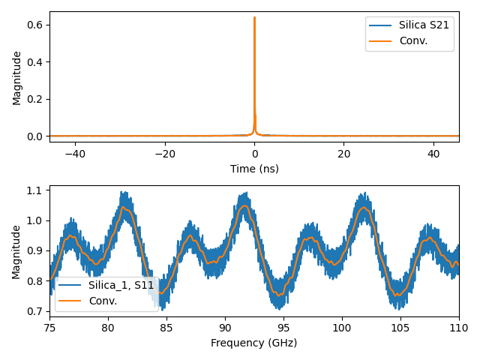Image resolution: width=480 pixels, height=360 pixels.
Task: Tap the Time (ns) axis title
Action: click(x=254, y=169)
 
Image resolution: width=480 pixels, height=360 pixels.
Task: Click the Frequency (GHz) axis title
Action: click(x=254, y=343)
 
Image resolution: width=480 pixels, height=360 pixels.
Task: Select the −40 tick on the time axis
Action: click(x=75, y=153)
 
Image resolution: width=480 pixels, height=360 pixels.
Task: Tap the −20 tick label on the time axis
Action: click(x=164, y=153)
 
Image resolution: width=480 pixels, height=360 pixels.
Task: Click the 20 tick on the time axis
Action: click(x=343, y=153)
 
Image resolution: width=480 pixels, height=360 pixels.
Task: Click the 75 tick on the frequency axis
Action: click(x=49, y=327)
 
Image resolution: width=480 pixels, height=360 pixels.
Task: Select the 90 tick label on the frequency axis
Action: click(x=225, y=327)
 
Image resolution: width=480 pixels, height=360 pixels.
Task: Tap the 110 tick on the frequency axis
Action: click(x=459, y=327)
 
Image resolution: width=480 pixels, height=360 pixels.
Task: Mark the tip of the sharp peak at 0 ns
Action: click(x=254, y=17)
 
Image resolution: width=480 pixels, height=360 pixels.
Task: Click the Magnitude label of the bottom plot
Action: click(x=17, y=250)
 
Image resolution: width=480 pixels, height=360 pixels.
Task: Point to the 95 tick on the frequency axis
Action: click(x=283, y=327)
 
